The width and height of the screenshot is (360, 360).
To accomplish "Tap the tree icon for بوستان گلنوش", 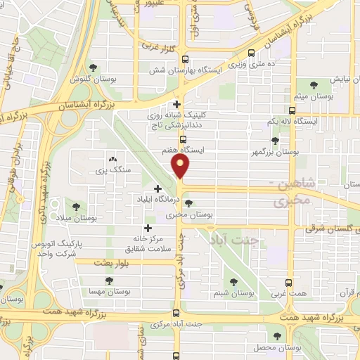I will [x=93, y=67].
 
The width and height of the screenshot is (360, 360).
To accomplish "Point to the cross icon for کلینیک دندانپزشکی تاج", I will [x=176, y=105].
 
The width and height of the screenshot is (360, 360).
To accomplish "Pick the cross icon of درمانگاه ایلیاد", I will [x=157, y=188].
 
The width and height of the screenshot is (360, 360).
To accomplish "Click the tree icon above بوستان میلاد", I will [x=77, y=206].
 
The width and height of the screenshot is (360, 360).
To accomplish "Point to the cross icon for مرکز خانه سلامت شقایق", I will [x=148, y=227].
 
